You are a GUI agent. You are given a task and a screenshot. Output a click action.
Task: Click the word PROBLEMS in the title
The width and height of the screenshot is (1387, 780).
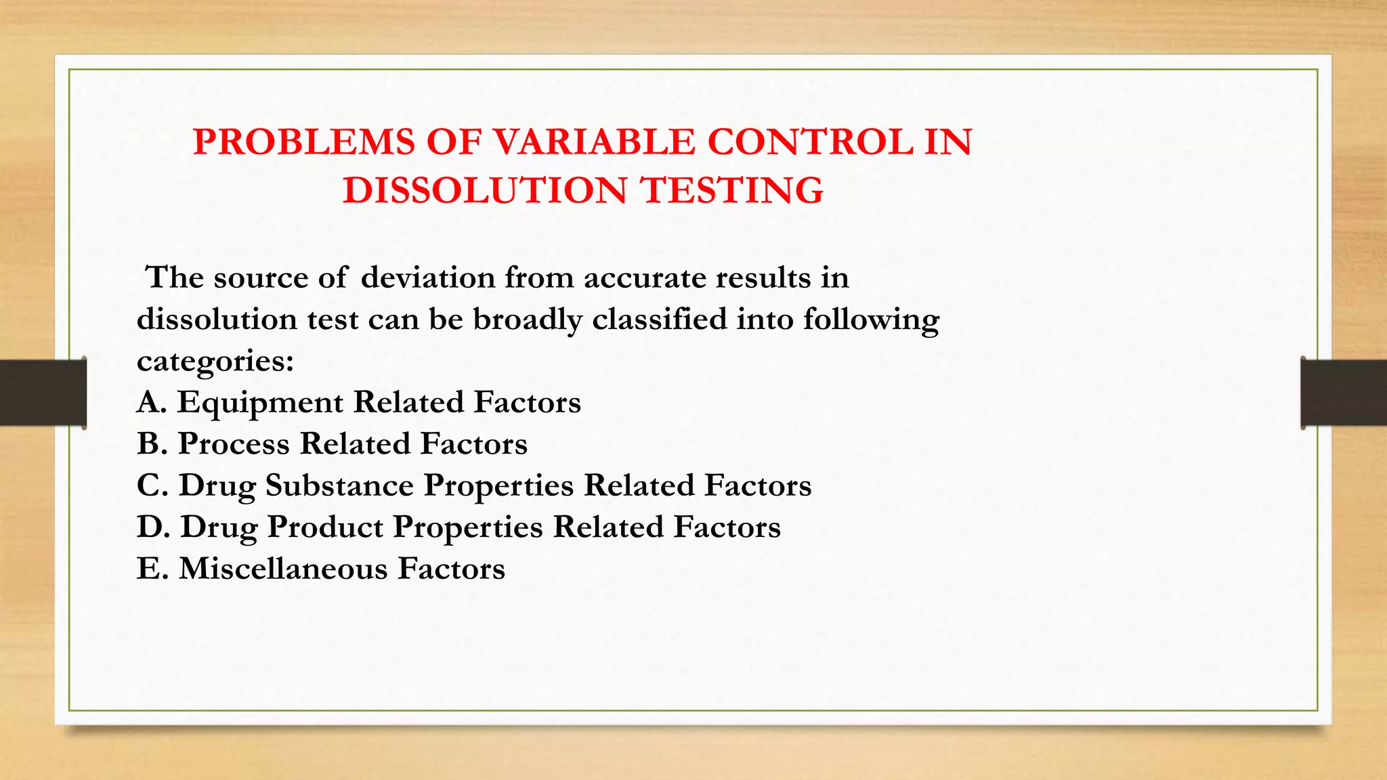pyautogui.click(x=303, y=143)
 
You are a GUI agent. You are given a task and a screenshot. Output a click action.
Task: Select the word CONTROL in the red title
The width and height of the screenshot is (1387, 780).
pyautogui.click(x=810, y=143)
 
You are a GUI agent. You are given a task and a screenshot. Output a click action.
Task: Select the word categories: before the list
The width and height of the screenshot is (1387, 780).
pyautogui.click(x=215, y=362)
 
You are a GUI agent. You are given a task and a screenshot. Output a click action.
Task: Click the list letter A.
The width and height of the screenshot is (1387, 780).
pyautogui.click(x=150, y=402)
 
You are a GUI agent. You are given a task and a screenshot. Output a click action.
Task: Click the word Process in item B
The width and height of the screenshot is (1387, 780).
pyautogui.click(x=234, y=444)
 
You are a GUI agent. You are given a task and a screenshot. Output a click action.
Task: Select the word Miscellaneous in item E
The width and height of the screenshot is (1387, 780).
pyautogui.click(x=282, y=569)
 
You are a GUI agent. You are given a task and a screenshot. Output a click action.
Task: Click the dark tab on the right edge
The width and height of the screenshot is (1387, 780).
pyautogui.click(x=1343, y=393)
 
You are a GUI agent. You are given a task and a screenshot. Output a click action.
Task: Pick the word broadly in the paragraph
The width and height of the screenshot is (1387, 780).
pyautogui.click(x=527, y=320)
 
